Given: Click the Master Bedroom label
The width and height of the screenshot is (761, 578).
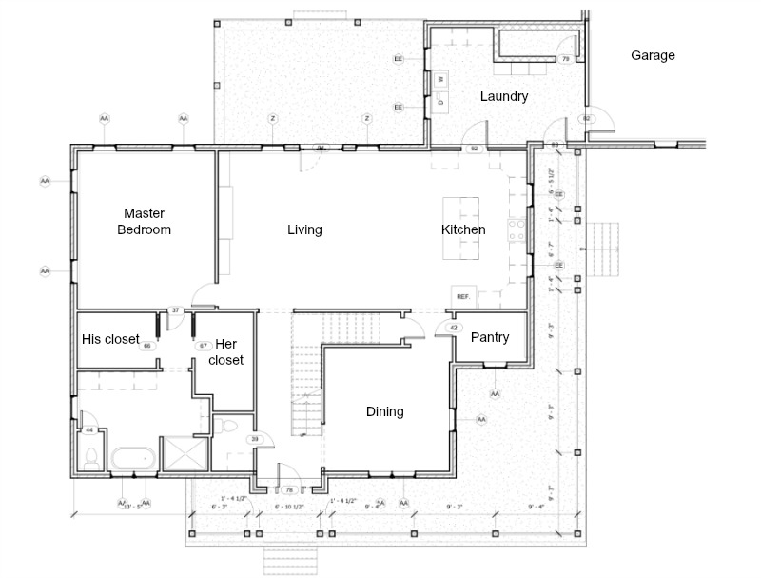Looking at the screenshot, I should tap(146, 221).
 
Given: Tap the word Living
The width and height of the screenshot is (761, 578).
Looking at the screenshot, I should tap(304, 229).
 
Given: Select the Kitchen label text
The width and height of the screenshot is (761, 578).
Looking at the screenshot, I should tap(463, 229).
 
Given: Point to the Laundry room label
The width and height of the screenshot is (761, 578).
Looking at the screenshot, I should tap(504, 96).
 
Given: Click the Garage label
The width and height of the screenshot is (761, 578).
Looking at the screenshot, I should tap(653, 55).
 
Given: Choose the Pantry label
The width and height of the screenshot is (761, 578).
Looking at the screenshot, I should tap(490, 337).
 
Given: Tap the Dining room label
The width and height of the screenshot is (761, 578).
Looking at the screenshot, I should tap(385, 411).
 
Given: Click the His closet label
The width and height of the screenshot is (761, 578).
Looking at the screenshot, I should tap(110, 339).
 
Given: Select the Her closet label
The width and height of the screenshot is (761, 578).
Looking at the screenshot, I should tap(225, 351).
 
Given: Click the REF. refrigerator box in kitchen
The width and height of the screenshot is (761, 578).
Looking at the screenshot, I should tap(464, 296).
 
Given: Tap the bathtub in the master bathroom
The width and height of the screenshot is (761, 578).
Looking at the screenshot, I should tap(133, 458).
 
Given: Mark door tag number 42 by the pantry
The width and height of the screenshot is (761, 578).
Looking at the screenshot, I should tap(454, 329).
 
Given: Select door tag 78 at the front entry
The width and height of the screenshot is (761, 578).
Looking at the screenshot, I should tap(288, 490).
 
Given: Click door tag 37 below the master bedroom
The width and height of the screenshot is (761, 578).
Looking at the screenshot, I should tap(175, 310).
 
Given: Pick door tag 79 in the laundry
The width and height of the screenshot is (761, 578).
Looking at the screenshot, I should tap(565, 60).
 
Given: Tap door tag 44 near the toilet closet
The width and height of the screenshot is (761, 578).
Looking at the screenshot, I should tap(89, 430).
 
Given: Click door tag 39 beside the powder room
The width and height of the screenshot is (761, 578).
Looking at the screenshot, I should tap(254, 439).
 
